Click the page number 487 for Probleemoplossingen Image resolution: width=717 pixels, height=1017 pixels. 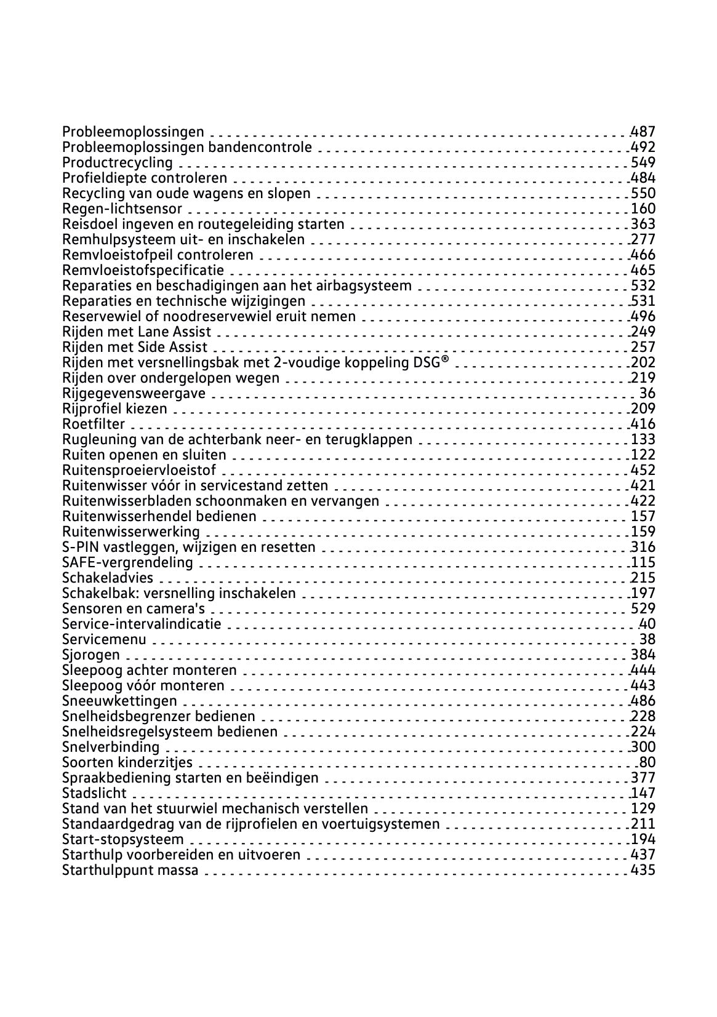[643, 132]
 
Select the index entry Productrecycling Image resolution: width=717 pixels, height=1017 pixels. [118, 162]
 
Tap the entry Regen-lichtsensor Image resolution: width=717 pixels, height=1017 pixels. [122, 209]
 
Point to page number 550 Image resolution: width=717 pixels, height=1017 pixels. [643, 193]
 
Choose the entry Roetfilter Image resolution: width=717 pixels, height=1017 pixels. [94, 424]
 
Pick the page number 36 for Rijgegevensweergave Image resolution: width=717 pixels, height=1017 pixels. [647, 393]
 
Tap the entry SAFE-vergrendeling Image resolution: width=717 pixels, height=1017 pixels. [127, 562]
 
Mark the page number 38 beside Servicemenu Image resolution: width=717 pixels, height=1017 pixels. [647, 639]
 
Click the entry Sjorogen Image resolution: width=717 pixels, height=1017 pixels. [91, 655]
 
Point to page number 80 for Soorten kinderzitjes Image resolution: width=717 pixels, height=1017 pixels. [647, 762]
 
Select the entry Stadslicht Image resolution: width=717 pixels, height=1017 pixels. [94, 793]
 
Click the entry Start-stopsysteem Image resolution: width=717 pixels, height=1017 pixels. [123, 839]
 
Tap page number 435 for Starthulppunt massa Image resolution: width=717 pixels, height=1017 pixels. [643, 870]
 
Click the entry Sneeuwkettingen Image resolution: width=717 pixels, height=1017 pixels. [119, 701]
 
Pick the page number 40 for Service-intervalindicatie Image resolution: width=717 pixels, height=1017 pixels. [647, 624]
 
